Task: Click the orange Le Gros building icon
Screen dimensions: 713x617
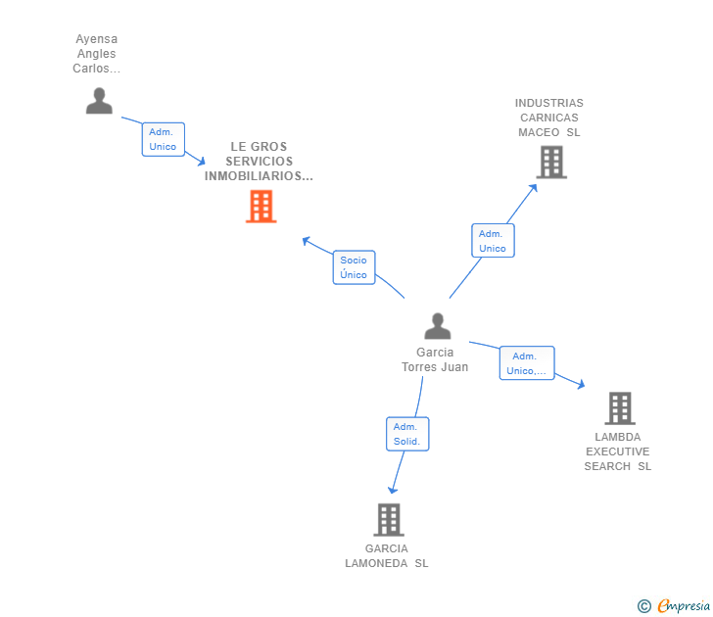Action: click(x=261, y=206)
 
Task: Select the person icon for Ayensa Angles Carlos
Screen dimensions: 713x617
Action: click(x=99, y=101)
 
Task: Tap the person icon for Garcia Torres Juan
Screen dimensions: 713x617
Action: click(x=437, y=326)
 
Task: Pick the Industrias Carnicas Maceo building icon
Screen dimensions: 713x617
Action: click(x=551, y=163)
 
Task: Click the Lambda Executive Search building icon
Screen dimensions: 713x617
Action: click(x=619, y=407)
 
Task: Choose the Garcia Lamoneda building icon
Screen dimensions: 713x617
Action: click(x=388, y=519)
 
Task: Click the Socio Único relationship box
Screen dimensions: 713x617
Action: click(x=354, y=267)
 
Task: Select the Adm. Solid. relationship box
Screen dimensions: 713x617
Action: click(x=407, y=434)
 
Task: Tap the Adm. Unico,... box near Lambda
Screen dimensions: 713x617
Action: click(x=526, y=363)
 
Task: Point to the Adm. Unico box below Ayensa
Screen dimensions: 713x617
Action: click(x=163, y=139)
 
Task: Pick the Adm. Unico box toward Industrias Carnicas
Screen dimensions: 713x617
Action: click(x=493, y=241)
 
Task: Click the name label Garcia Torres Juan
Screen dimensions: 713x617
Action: click(x=435, y=359)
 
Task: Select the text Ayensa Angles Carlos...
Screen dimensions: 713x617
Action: click(x=96, y=54)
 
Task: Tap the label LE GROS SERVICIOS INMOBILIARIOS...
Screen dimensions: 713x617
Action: click(x=259, y=162)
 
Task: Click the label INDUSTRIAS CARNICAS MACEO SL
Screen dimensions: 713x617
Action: click(x=548, y=118)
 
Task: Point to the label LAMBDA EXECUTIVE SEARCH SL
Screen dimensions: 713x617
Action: click(x=617, y=451)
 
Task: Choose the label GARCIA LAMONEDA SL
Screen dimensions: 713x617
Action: click(x=387, y=555)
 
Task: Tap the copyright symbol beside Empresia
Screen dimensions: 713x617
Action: click(x=643, y=607)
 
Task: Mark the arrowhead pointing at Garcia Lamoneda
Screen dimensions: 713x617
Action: click(x=393, y=489)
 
